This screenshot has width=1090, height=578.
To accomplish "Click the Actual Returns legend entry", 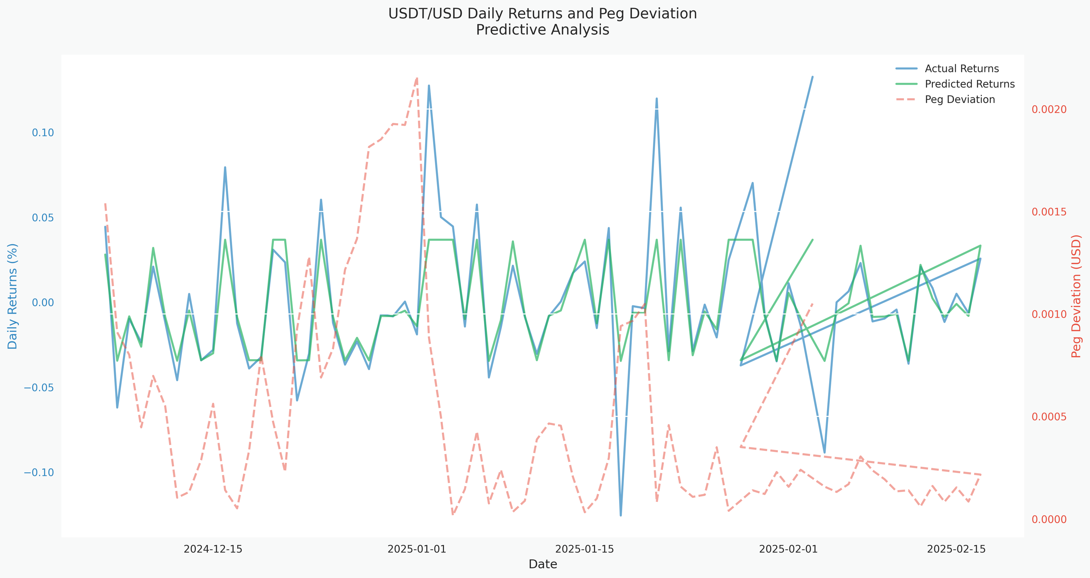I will tap(961, 69).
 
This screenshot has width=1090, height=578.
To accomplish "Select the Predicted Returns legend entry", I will tap(969, 84).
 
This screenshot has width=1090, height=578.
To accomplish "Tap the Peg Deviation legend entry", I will tap(960, 100).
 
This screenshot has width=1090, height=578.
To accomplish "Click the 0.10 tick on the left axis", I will tap(43, 133).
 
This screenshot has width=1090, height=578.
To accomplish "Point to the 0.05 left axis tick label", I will tap(43, 218).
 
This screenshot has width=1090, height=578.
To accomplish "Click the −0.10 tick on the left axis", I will tap(39, 473).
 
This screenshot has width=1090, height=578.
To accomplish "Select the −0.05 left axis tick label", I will tap(39, 388).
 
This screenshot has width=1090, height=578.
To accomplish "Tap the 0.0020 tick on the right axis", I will tap(1049, 109).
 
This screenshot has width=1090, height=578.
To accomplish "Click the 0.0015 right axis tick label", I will tap(1049, 212).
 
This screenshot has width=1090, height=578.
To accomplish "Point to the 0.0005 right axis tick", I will tap(1049, 417).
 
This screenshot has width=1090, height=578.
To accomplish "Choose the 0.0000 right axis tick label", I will tap(1049, 519).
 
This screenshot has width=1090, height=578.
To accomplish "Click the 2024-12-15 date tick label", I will tap(213, 549).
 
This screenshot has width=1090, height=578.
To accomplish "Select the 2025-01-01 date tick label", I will tap(417, 549).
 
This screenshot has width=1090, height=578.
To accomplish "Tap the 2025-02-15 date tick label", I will tap(956, 549).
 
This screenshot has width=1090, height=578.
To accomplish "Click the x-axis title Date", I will tap(543, 564).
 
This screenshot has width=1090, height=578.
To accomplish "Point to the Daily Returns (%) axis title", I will tap(13, 296).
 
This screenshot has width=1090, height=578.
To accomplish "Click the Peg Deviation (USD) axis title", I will tap(1076, 296).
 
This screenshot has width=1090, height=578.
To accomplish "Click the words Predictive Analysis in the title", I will tap(542, 30).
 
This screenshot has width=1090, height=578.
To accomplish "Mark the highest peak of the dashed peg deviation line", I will tap(417, 78).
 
